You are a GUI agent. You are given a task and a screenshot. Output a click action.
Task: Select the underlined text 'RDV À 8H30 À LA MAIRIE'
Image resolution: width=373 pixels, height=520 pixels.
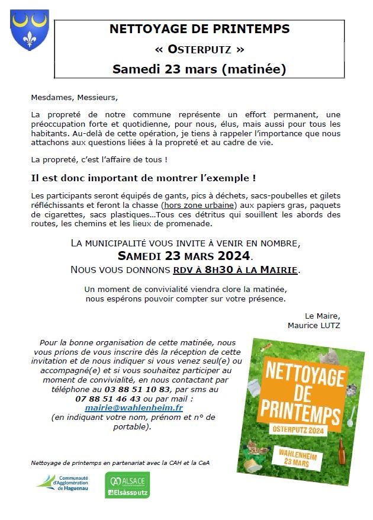[235, 270]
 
